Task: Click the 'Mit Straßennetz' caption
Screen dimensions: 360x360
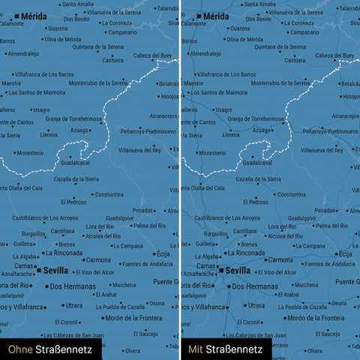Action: click(225, 349)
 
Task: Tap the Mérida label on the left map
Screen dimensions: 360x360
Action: click(34, 16)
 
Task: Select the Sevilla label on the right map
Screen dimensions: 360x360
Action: click(238, 270)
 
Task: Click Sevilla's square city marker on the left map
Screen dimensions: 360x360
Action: click(39, 270)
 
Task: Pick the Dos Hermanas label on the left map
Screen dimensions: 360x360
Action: click(70, 286)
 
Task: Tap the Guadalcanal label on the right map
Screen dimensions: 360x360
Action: click(257, 162)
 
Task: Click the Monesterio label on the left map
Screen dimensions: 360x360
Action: click(31, 153)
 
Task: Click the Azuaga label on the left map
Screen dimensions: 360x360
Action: click(79, 130)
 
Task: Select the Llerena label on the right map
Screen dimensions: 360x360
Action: click(231, 135)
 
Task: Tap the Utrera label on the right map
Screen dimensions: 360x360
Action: click(256, 305)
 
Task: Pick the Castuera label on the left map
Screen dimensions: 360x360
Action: click(112, 61)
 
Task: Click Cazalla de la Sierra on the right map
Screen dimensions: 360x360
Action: click(258, 179)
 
